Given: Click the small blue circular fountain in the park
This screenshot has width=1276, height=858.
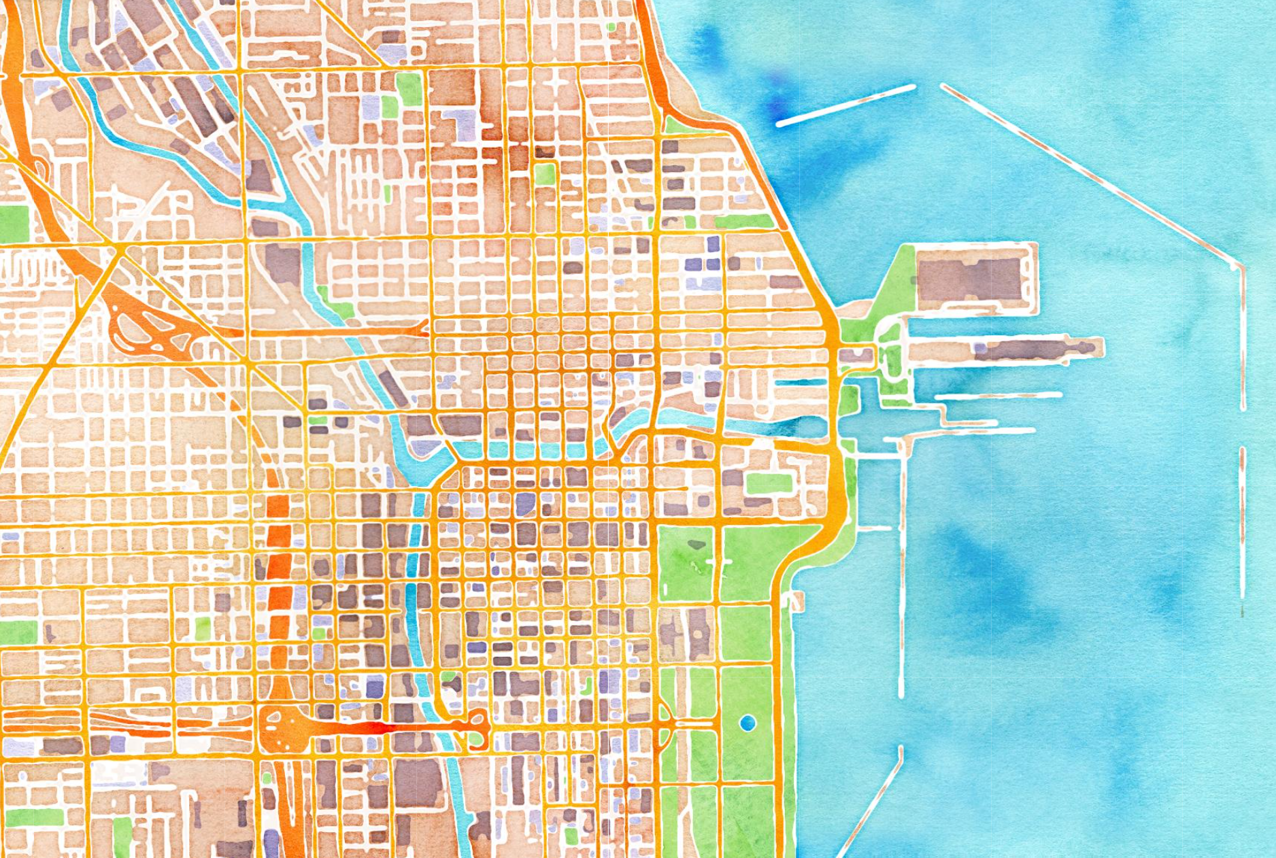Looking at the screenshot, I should [748, 723].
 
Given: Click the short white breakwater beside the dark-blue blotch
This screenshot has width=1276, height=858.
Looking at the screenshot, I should [845, 105].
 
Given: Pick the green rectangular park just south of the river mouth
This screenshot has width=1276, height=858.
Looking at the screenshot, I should [769, 483].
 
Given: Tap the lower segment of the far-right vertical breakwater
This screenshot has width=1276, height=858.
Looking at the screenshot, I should [1242, 524].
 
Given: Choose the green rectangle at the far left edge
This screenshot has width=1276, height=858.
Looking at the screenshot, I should [14, 223].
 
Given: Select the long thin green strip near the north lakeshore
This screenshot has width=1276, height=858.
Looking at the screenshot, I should [741, 222].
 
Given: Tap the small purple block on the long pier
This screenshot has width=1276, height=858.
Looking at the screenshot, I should [980, 348].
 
